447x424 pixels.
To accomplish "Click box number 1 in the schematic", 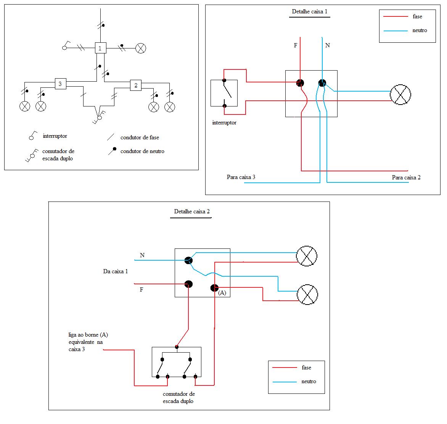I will point(100,48).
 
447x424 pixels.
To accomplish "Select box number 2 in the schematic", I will point(136,85).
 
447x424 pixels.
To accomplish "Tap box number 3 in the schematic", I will point(60,84).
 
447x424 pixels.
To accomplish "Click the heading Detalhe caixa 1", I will point(310,11).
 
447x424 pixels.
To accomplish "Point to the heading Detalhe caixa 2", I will point(192,211).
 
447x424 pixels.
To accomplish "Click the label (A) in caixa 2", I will point(222,293).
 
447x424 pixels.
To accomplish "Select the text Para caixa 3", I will point(241,177).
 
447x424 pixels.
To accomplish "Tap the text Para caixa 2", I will point(406,177).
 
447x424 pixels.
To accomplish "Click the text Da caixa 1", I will point(116,271).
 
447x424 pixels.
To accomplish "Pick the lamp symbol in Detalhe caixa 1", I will point(400,94).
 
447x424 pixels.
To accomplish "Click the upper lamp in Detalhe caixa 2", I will point(307,256).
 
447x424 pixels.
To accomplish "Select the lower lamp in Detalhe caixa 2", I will point(307,294).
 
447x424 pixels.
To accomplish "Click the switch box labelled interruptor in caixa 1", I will point(224,93).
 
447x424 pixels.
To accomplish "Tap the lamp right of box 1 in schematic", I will point(141,48).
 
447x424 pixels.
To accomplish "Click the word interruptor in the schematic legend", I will point(55,136).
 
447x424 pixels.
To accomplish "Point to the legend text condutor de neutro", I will point(142,151).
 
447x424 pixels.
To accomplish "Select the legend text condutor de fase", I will point(140,137).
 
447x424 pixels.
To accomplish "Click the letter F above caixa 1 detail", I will point(296,45).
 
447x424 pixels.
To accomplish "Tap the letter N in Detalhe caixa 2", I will point(142,255).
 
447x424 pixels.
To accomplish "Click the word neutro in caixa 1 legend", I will point(420,30).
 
